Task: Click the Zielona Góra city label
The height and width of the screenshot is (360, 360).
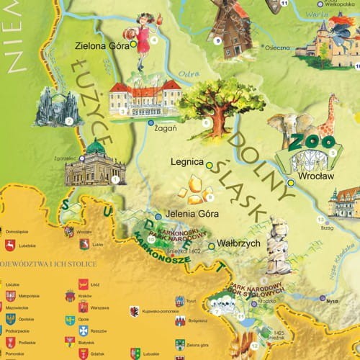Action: [x=102, y=45]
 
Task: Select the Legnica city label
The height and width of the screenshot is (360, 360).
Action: [x=186, y=163]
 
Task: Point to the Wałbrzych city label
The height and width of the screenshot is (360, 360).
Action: [x=239, y=243]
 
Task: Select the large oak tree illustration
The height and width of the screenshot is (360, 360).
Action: [x=209, y=104]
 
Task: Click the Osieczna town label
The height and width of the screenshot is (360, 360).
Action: [x=276, y=48]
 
